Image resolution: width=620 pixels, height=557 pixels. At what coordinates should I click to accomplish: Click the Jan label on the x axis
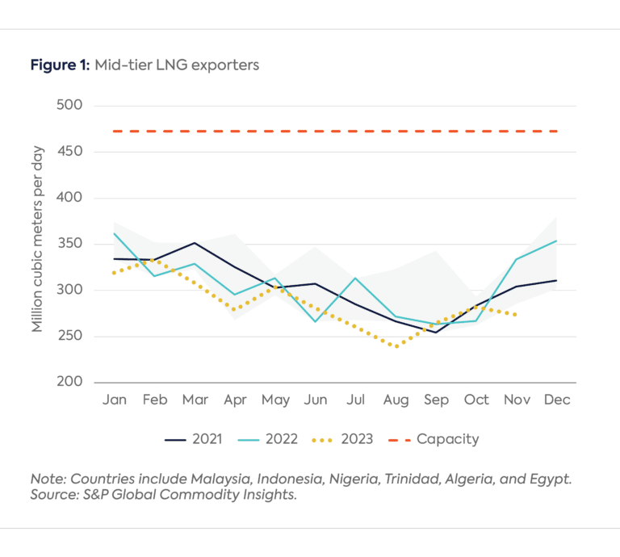point(114,400)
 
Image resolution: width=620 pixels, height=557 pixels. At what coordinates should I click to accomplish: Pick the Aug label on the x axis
point(396,400)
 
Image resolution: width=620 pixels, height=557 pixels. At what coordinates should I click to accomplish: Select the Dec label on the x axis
point(557,400)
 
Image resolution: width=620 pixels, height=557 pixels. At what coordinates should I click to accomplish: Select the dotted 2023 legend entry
point(342,439)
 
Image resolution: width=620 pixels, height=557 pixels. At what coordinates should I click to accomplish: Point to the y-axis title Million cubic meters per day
point(38,240)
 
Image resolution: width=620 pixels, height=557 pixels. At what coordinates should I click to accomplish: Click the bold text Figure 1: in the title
point(60,65)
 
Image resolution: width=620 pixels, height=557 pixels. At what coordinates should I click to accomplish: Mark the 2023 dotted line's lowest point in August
point(396,346)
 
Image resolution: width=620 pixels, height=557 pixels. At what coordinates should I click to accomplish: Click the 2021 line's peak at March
point(195,243)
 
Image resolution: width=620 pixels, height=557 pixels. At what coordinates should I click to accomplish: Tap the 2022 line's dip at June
point(315,321)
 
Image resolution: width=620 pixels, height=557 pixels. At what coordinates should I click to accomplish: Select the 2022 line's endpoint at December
point(556,241)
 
